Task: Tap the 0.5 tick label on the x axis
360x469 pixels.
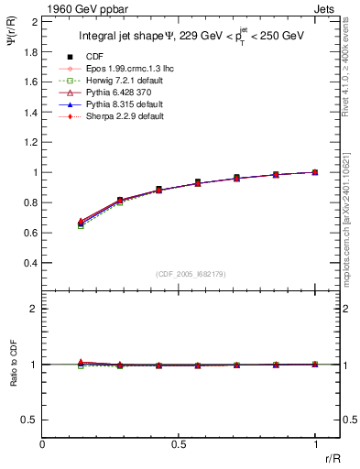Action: pos(179,444)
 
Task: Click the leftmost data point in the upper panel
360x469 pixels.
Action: pos(82,223)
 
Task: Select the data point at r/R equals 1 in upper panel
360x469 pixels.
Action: pos(315,172)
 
